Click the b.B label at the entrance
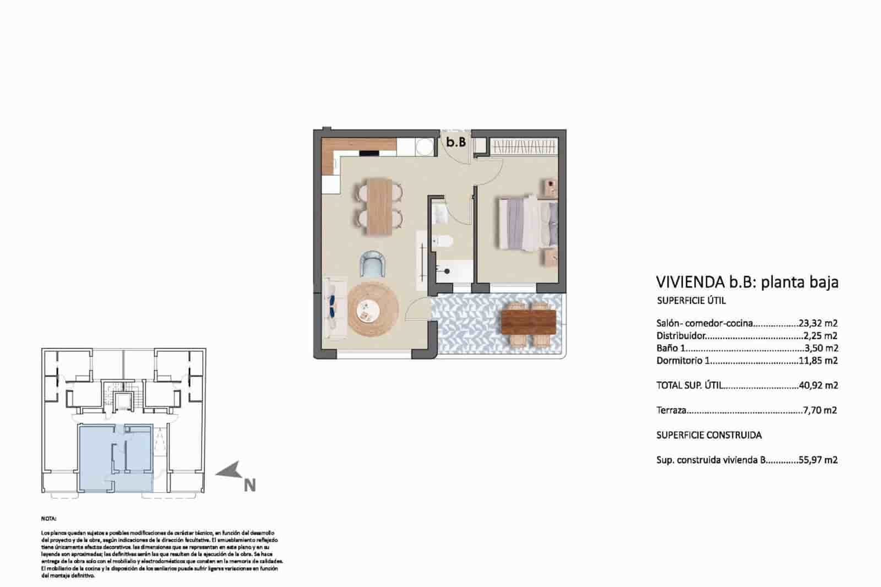[x=456, y=142]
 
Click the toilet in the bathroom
[x=442, y=242]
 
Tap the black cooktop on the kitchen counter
[x=369, y=154]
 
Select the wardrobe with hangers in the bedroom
[x=523, y=147]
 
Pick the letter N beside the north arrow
[x=249, y=486]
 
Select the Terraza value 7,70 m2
[x=819, y=410]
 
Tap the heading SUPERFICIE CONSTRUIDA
[x=709, y=435]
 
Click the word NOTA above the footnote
[x=48, y=519]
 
